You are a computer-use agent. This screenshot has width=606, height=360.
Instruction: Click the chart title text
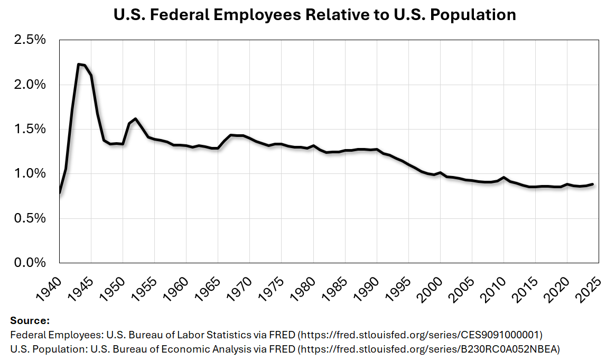point(315,15)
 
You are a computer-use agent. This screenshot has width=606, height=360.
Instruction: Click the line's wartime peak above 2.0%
point(79,64)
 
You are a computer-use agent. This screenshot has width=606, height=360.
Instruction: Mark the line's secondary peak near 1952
point(136,119)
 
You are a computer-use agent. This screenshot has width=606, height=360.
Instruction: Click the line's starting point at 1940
point(60,192)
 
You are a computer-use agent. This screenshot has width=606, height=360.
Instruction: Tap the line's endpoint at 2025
point(592,184)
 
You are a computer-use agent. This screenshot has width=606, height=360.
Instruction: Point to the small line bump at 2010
point(504,178)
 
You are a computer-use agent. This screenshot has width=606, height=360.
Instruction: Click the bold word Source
point(30,321)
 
